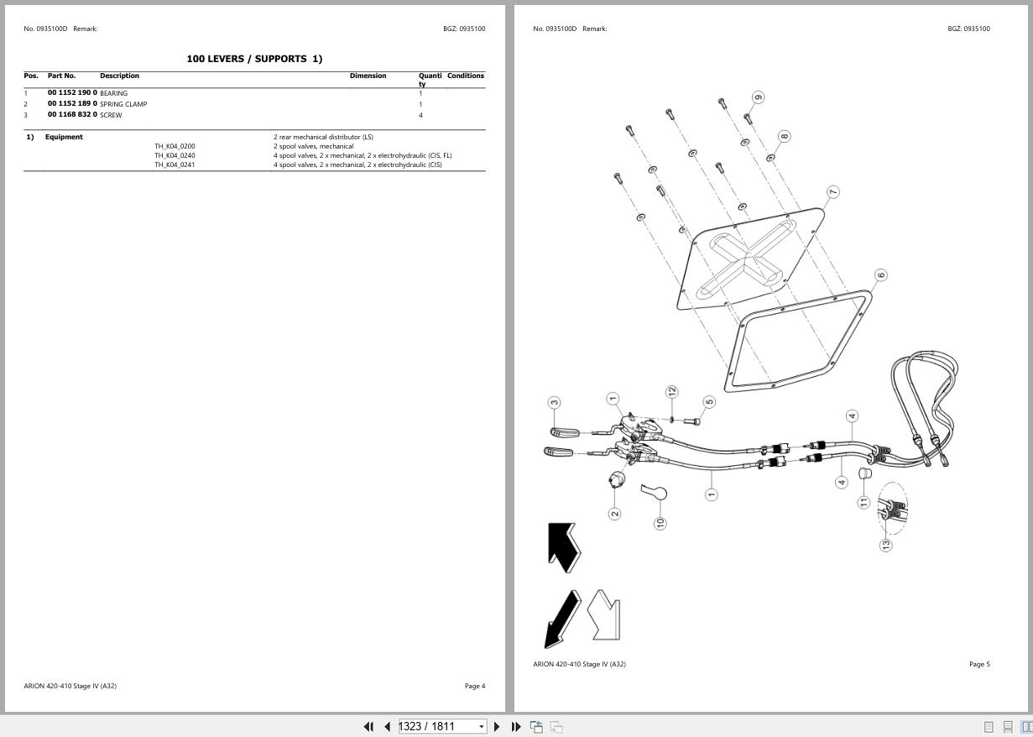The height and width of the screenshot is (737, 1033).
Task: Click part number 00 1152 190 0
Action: pos(72,92)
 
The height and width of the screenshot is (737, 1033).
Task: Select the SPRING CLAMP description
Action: pos(123,104)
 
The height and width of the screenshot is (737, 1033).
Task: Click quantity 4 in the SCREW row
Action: pos(420,115)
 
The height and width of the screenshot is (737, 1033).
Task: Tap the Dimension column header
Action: pos(368,76)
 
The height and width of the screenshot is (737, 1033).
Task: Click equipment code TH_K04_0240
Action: pos(175,155)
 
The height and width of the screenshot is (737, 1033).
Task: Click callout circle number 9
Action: pos(759,97)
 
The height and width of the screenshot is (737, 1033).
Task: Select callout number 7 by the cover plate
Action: pos(832,192)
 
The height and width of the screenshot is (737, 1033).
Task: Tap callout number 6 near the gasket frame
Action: pos(880,274)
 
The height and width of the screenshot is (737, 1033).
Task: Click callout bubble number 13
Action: pos(886,545)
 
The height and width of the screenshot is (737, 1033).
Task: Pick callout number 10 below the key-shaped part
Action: pos(660,522)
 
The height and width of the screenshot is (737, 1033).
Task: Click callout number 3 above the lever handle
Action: pos(554,403)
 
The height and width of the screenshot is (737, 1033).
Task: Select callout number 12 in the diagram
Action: pos(671,392)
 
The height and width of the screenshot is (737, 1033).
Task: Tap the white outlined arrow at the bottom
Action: pos(604,614)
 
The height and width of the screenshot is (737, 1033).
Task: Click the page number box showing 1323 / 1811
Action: pos(437,726)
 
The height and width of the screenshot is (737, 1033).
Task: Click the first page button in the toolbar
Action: pos(368,726)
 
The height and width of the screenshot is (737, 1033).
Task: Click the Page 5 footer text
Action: pos(979,664)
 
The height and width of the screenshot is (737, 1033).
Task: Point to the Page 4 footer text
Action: pos(474,686)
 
